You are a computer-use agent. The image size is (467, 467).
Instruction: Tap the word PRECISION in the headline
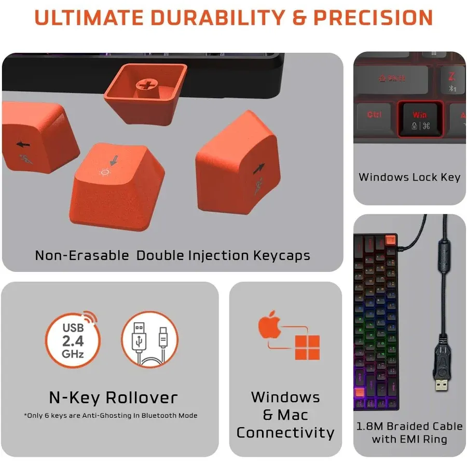point(373,18)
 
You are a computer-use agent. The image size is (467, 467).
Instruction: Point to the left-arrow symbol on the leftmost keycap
point(22,144)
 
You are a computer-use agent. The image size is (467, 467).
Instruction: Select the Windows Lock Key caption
point(409,177)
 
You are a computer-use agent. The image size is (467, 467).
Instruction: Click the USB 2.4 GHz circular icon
point(73,339)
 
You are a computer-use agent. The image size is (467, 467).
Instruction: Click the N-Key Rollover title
point(113,398)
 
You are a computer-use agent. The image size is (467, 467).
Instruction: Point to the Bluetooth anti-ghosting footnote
point(111,415)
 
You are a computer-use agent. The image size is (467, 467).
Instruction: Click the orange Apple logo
point(270,325)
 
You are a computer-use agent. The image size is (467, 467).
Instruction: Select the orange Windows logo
point(307,347)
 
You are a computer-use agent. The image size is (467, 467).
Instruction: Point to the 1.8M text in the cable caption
point(371,427)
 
